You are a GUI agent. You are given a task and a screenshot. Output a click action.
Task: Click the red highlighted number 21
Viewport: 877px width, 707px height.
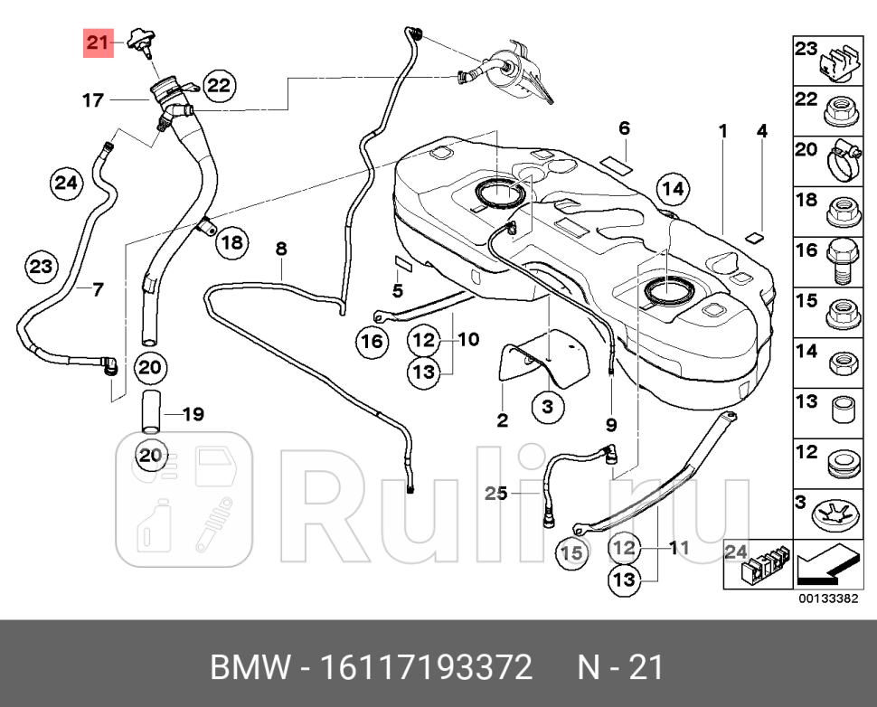point(98,42)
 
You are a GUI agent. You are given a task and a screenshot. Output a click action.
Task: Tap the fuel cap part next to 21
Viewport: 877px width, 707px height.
point(139,41)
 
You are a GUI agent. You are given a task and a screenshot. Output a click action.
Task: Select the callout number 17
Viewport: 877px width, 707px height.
point(94,100)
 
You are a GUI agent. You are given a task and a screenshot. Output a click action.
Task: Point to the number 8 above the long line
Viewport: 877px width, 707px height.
point(281,247)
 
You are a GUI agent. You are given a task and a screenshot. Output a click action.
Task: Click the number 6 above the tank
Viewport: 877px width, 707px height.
point(624,129)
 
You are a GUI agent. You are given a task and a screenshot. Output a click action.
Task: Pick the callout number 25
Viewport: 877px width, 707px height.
point(495,493)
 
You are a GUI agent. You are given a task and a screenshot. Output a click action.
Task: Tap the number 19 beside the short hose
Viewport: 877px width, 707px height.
point(193,415)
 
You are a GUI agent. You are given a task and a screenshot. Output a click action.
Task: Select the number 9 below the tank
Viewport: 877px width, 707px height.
point(611,423)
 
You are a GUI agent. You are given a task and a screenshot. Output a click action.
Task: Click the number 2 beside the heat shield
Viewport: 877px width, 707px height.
point(503,419)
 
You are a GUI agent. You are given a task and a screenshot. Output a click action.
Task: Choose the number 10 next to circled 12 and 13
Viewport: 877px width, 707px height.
point(467,340)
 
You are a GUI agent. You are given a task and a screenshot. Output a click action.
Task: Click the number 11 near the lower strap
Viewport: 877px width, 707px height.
point(679,547)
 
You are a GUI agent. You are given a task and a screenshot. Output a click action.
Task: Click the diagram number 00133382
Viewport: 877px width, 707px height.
point(828,599)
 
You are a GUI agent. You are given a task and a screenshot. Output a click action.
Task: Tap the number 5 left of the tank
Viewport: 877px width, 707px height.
point(397,290)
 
